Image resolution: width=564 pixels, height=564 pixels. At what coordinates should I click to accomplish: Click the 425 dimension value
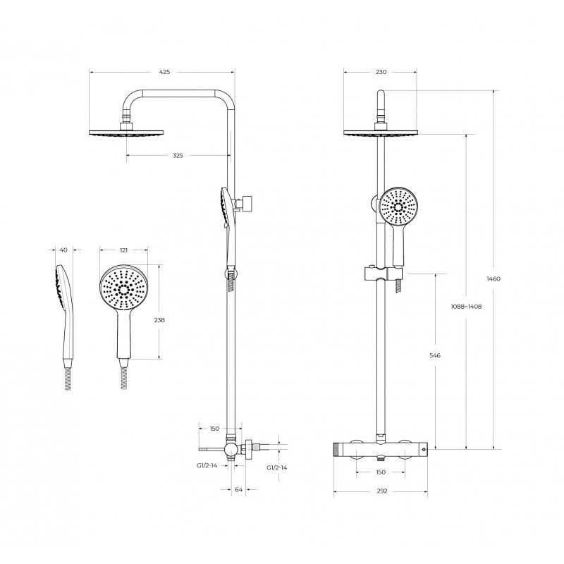coord(164,72)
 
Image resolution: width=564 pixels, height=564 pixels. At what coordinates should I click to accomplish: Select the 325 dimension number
coord(178,155)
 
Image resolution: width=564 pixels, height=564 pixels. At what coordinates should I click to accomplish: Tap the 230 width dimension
coord(381,72)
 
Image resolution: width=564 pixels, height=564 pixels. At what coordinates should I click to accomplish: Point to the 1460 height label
coord(493,278)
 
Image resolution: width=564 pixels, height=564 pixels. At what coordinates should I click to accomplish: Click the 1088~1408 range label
coord(466,307)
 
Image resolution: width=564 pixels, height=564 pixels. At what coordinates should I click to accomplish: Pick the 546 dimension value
coord(435,355)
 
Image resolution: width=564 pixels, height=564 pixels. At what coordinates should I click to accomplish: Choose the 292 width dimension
coord(382,491)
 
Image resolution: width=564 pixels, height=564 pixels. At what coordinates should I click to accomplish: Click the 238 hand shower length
coord(159,320)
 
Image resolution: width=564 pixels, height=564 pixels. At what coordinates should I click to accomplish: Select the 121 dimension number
coord(123,250)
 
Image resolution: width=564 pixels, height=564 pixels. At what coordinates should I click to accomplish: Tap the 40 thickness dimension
coord(63,250)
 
